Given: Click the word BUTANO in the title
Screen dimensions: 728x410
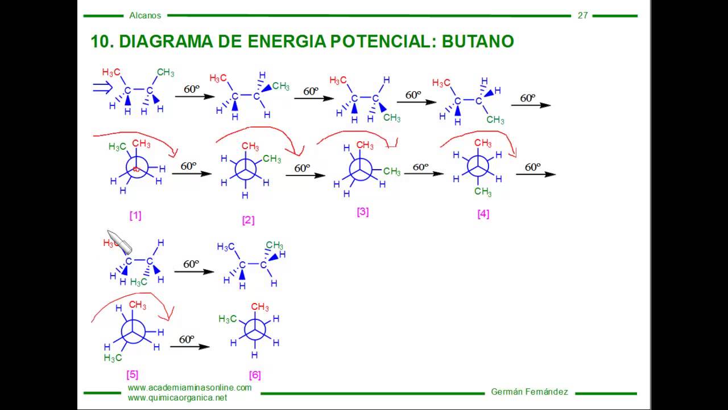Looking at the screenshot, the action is [x=478, y=41].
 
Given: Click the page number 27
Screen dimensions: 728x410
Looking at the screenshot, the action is [x=582, y=15].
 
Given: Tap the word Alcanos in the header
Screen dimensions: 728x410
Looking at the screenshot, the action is [x=145, y=15].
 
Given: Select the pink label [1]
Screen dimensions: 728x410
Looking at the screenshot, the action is [x=135, y=215].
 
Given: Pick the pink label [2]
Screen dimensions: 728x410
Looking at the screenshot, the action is [x=248, y=220].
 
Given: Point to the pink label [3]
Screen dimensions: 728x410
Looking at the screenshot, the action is [x=363, y=212].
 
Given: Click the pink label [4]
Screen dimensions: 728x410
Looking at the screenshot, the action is [x=483, y=214].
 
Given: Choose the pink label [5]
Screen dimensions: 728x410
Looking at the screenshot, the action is [x=133, y=374].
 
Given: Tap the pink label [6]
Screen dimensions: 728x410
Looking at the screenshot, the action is [x=255, y=375].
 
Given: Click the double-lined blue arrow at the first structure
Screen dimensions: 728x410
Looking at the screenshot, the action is [x=104, y=87].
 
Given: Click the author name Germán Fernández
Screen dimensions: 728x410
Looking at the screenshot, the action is [x=529, y=392].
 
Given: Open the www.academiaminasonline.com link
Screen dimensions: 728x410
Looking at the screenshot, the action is [x=189, y=387].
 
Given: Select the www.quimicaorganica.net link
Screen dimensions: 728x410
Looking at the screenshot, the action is [x=177, y=397].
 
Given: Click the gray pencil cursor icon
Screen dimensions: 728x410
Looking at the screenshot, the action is [x=120, y=241].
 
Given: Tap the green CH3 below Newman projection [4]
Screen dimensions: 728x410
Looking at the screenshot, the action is [x=483, y=192].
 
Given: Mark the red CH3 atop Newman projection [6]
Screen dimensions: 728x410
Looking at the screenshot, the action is [x=260, y=307].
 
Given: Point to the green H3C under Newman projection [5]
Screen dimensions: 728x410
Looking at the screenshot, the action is [x=113, y=358].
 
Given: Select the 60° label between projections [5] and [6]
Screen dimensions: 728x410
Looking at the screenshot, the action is [x=187, y=339].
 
